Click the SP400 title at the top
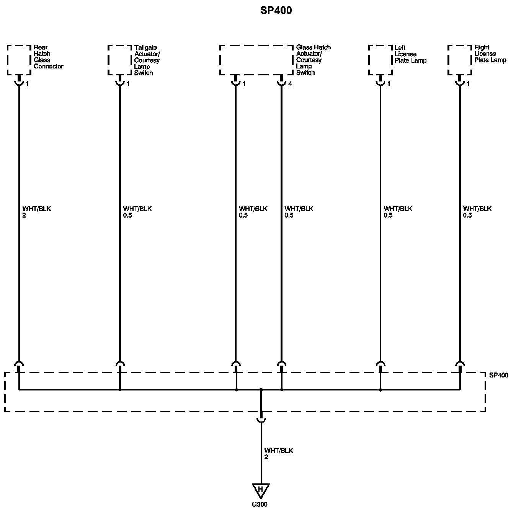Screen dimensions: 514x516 [276, 10]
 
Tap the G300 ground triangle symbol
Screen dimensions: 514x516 [261, 490]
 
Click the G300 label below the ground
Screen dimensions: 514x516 [260, 504]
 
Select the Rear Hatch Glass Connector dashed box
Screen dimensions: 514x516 [19, 60]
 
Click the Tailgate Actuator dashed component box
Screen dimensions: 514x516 [120, 60]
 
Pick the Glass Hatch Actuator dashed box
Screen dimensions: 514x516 [256, 60]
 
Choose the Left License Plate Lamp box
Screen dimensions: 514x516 [380, 60]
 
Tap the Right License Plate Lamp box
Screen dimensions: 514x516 [460, 60]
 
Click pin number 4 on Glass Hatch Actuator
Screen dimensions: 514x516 [290, 84]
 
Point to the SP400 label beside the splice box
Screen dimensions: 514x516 [499, 375]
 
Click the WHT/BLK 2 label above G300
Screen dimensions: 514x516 [278, 454]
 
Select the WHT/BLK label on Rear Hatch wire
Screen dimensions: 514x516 [37, 209]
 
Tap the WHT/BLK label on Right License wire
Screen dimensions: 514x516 [477, 209]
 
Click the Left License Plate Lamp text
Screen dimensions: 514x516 [410, 54]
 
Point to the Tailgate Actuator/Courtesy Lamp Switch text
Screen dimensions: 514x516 [147, 60]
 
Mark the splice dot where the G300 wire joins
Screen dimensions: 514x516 [261, 390]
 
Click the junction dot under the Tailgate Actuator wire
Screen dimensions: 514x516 [120, 390]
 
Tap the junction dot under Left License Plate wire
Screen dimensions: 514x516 [380, 390]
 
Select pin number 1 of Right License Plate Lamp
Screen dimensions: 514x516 [468, 84]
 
